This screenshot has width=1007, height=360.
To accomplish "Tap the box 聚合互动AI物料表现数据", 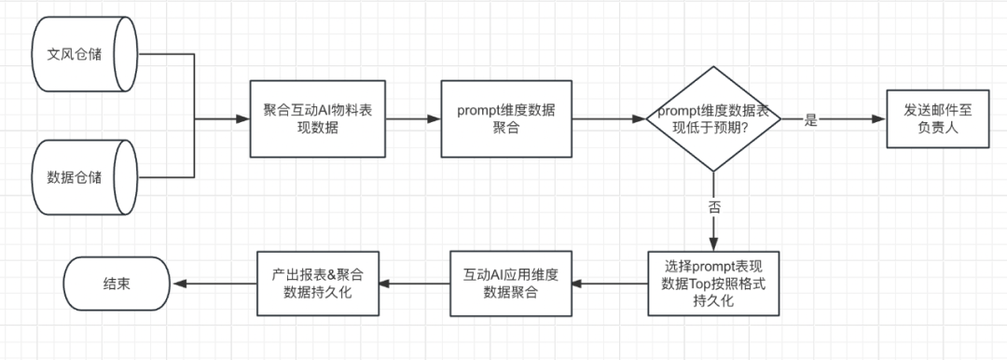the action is (x=318, y=119).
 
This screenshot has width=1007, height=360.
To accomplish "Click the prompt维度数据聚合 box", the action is (x=506, y=119).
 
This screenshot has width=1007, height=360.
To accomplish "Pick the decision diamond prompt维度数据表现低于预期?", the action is (x=713, y=119).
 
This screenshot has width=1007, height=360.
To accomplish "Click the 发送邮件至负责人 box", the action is (x=938, y=119).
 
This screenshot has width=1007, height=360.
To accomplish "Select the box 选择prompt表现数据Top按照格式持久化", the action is (x=713, y=284).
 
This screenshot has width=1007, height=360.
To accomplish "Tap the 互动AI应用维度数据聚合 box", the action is (x=511, y=284).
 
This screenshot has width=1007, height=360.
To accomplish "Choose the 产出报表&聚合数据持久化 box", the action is (x=318, y=284).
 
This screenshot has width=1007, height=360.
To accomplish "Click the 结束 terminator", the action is (x=117, y=284).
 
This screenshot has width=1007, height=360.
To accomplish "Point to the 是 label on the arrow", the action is (x=810, y=120).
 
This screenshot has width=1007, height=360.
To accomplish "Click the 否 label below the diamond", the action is (x=713, y=208).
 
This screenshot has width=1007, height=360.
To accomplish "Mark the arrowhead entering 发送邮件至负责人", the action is (x=880, y=119).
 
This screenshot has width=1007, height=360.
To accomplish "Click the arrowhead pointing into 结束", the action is (x=176, y=284).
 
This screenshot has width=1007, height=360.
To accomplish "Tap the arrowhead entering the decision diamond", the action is (x=639, y=119).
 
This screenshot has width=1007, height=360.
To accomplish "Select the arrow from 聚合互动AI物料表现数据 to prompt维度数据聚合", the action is (x=413, y=119).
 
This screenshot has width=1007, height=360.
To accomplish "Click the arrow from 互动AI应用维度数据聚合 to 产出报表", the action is (x=415, y=284).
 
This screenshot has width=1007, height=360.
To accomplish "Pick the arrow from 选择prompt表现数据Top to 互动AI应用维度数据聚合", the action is (x=610, y=284).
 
